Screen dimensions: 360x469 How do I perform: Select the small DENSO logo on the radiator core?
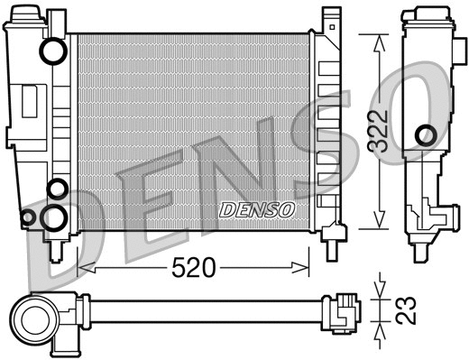(x=258, y=210)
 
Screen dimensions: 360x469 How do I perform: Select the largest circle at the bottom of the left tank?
(x=56, y=217)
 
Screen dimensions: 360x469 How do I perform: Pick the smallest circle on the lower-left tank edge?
(x=28, y=217)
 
